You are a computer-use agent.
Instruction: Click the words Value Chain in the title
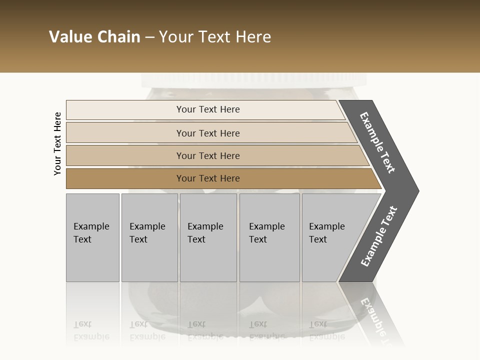pyautogui.click(x=94, y=37)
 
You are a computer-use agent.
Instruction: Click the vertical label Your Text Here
pyautogui.click(x=57, y=143)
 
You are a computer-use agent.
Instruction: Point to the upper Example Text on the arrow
pyautogui.click(x=377, y=142)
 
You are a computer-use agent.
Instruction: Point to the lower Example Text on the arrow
pyautogui.click(x=379, y=236)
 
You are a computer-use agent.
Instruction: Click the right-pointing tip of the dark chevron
pyautogui.click(x=416, y=191)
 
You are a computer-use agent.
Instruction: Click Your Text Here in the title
pyautogui.click(x=215, y=37)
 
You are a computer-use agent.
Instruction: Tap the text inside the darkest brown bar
pyautogui.click(x=208, y=178)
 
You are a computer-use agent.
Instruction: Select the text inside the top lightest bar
pyautogui.click(x=208, y=109)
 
